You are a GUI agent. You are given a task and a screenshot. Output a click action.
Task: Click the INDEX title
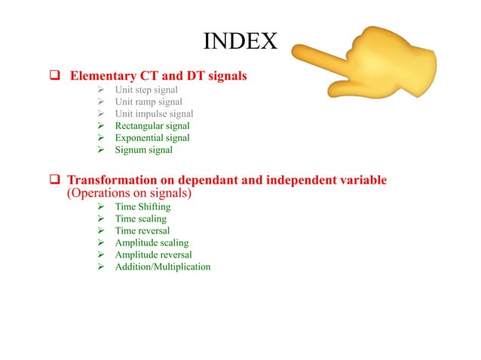[240, 41]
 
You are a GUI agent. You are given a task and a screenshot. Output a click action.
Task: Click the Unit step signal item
[147, 90]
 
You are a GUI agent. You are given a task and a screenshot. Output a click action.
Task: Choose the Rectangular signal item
[152, 126]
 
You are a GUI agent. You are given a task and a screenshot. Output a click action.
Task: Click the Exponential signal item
[152, 138]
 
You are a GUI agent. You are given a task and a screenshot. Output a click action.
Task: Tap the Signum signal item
[143, 150]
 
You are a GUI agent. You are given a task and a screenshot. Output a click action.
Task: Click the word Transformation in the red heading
[112, 181]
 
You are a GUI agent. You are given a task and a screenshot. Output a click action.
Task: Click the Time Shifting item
[142, 206]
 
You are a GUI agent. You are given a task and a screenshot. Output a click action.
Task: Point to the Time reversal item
[142, 230]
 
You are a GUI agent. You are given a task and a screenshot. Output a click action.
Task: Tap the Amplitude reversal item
[153, 255]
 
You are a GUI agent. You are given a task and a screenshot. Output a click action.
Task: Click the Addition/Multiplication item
[162, 267]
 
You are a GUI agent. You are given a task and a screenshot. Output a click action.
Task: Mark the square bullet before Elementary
[55, 76]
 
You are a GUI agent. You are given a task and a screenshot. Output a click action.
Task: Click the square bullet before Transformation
[55, 182]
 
